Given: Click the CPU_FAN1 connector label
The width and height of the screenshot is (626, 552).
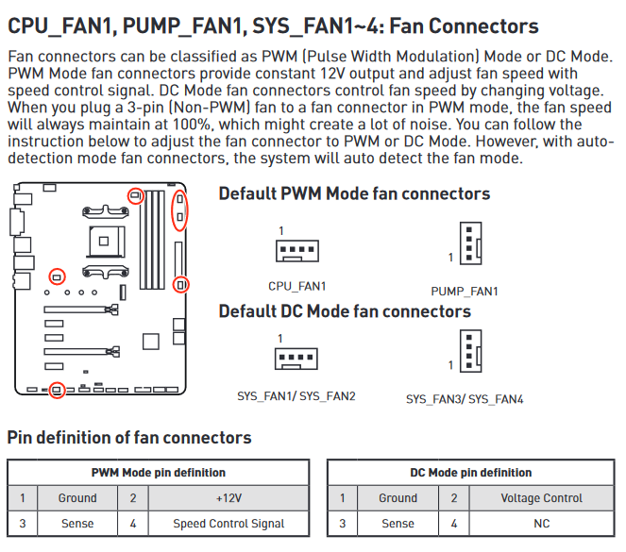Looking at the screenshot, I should coord(296,286).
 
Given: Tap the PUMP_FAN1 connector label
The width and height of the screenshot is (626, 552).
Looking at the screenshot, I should coord(465,292).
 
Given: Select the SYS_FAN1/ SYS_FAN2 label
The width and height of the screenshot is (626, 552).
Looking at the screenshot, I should coord(296,396).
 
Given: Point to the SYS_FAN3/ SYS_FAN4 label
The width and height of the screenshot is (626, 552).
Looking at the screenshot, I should coord(465,399).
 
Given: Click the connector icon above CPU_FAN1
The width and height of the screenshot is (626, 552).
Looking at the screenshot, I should coord(296,251).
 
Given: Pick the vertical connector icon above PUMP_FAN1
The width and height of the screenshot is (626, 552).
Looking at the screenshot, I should coord(469,244).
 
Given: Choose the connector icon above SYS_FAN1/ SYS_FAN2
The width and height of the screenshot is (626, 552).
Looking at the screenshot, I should coord(296,360).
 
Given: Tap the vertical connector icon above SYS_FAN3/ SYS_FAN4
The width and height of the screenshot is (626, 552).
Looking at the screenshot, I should coord(469,353).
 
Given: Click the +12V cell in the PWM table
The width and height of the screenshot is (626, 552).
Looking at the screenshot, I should coord(228,498).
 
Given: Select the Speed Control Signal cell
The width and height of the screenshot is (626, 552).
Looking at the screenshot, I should coord(228,523).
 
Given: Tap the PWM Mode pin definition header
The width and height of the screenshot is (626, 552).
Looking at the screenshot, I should coord(159,473).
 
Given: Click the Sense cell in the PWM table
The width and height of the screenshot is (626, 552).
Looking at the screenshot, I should coord(77,523).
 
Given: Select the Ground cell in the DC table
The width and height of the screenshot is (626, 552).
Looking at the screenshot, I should coord(398,498).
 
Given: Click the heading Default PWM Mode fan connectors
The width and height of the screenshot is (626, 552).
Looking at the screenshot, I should coord(354,193).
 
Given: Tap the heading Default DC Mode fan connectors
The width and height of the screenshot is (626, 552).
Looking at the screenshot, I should coord(345,311).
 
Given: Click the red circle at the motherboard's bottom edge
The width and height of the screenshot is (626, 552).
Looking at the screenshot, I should coord(58,389).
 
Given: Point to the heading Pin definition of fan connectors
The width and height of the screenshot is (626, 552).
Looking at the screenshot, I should coord(129,438).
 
